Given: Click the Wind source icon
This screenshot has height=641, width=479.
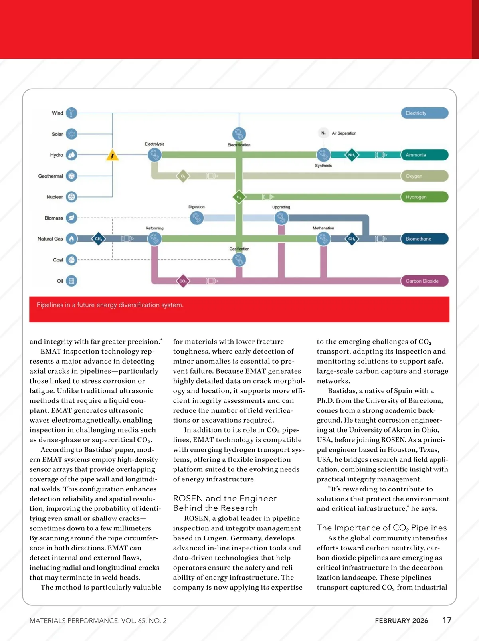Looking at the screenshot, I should [x=71, y=113].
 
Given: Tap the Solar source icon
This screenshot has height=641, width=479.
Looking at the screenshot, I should [x=71, y=134].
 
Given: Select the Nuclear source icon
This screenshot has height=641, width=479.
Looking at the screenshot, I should [x=71, y=197].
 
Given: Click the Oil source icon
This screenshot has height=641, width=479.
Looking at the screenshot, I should [x=71, y=281].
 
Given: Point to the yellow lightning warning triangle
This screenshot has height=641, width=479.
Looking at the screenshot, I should [x=113, y=155].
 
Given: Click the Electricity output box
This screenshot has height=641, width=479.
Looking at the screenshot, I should [x=424, y=113].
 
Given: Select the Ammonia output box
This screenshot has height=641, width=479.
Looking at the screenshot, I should [x=424, y=155].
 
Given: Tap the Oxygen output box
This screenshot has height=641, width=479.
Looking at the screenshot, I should [x=424, y=176].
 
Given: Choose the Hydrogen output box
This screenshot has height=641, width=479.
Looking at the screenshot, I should [x=424, y=197].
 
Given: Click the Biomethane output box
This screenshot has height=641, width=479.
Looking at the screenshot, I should [x=424, y=239].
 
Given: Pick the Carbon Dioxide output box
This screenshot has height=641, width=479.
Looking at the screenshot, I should [x=424, y=281].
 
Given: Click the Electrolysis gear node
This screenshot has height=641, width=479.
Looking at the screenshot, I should [x=154, y=154].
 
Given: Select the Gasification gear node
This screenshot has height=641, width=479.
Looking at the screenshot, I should [x=239, y=260].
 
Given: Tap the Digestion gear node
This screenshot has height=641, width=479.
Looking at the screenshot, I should [x=196, y=218].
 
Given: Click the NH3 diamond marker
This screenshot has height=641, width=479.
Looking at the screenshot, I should [x=351, y=155].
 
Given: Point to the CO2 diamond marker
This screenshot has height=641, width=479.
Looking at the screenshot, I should [x=183, y=281].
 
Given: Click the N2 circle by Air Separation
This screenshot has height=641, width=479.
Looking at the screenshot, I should [x=323, y=133].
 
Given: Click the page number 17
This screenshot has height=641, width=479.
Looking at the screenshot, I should [x=447, y=620].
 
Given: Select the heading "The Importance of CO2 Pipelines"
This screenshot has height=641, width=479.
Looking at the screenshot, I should [x=382, y=528].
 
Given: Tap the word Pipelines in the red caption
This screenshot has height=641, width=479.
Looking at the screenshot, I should [x=49, y=305].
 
